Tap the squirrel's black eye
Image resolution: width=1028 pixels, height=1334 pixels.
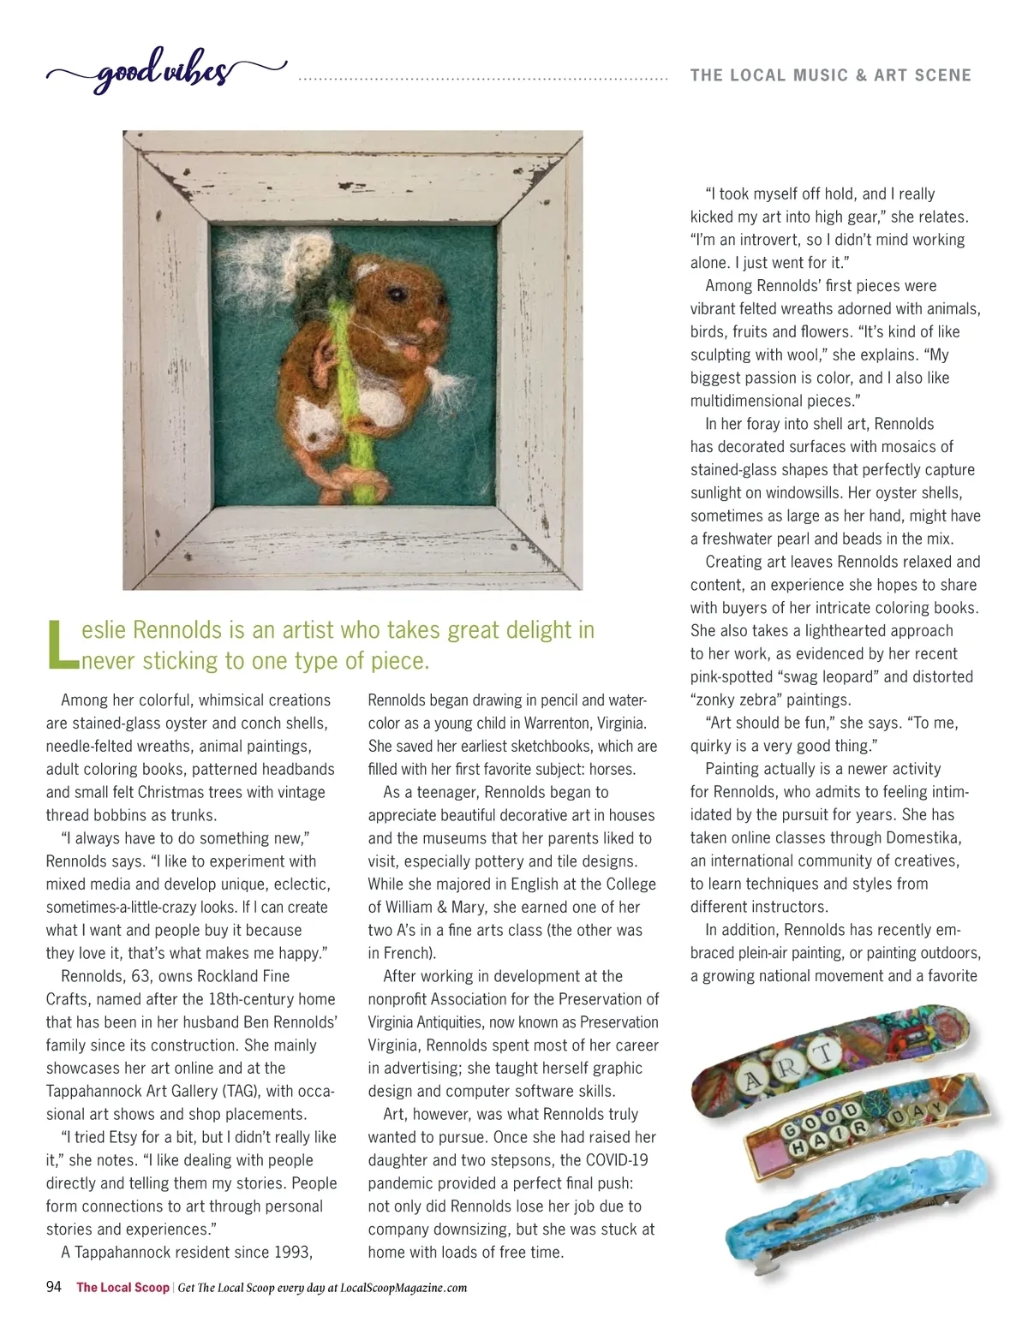(395, 294)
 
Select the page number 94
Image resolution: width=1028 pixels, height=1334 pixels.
(54, 1287)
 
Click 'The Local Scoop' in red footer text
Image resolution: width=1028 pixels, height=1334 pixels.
(123, 1288)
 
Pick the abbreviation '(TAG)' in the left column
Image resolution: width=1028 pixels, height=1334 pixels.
(242, 1091)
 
